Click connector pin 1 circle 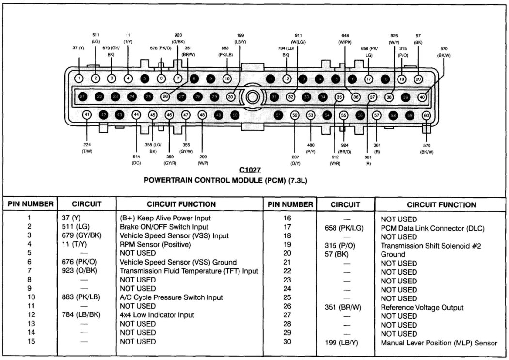[x=80, y=78]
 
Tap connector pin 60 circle [x=426, y=115]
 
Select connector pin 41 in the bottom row [x=87, y=115]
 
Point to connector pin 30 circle [x=230, y=97]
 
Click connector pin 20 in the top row [x=418, y=79]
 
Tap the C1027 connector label [x=250, y=170]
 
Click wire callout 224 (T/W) [x=87, y=148]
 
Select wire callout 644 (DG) [x=136, y=159]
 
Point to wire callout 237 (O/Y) [x=295, y=159]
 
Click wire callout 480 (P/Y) [x=311, y=148]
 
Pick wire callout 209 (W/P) [x=203, y=159]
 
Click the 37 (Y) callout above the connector [x=78, y=48]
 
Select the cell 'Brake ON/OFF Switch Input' [x=164, y=227]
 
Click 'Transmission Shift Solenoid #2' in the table [x=430, y=246]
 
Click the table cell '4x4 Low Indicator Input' [x=157, y=315]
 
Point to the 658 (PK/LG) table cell [x=344, y=228]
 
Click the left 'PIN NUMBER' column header [x=31, y=204]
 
